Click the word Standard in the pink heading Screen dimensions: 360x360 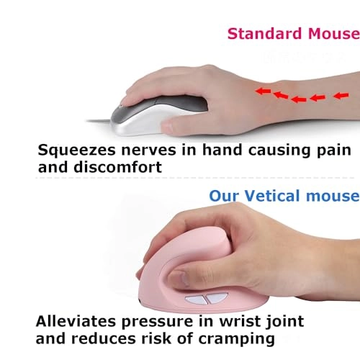coord(259,33)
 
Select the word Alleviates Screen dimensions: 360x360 coord(78,320)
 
